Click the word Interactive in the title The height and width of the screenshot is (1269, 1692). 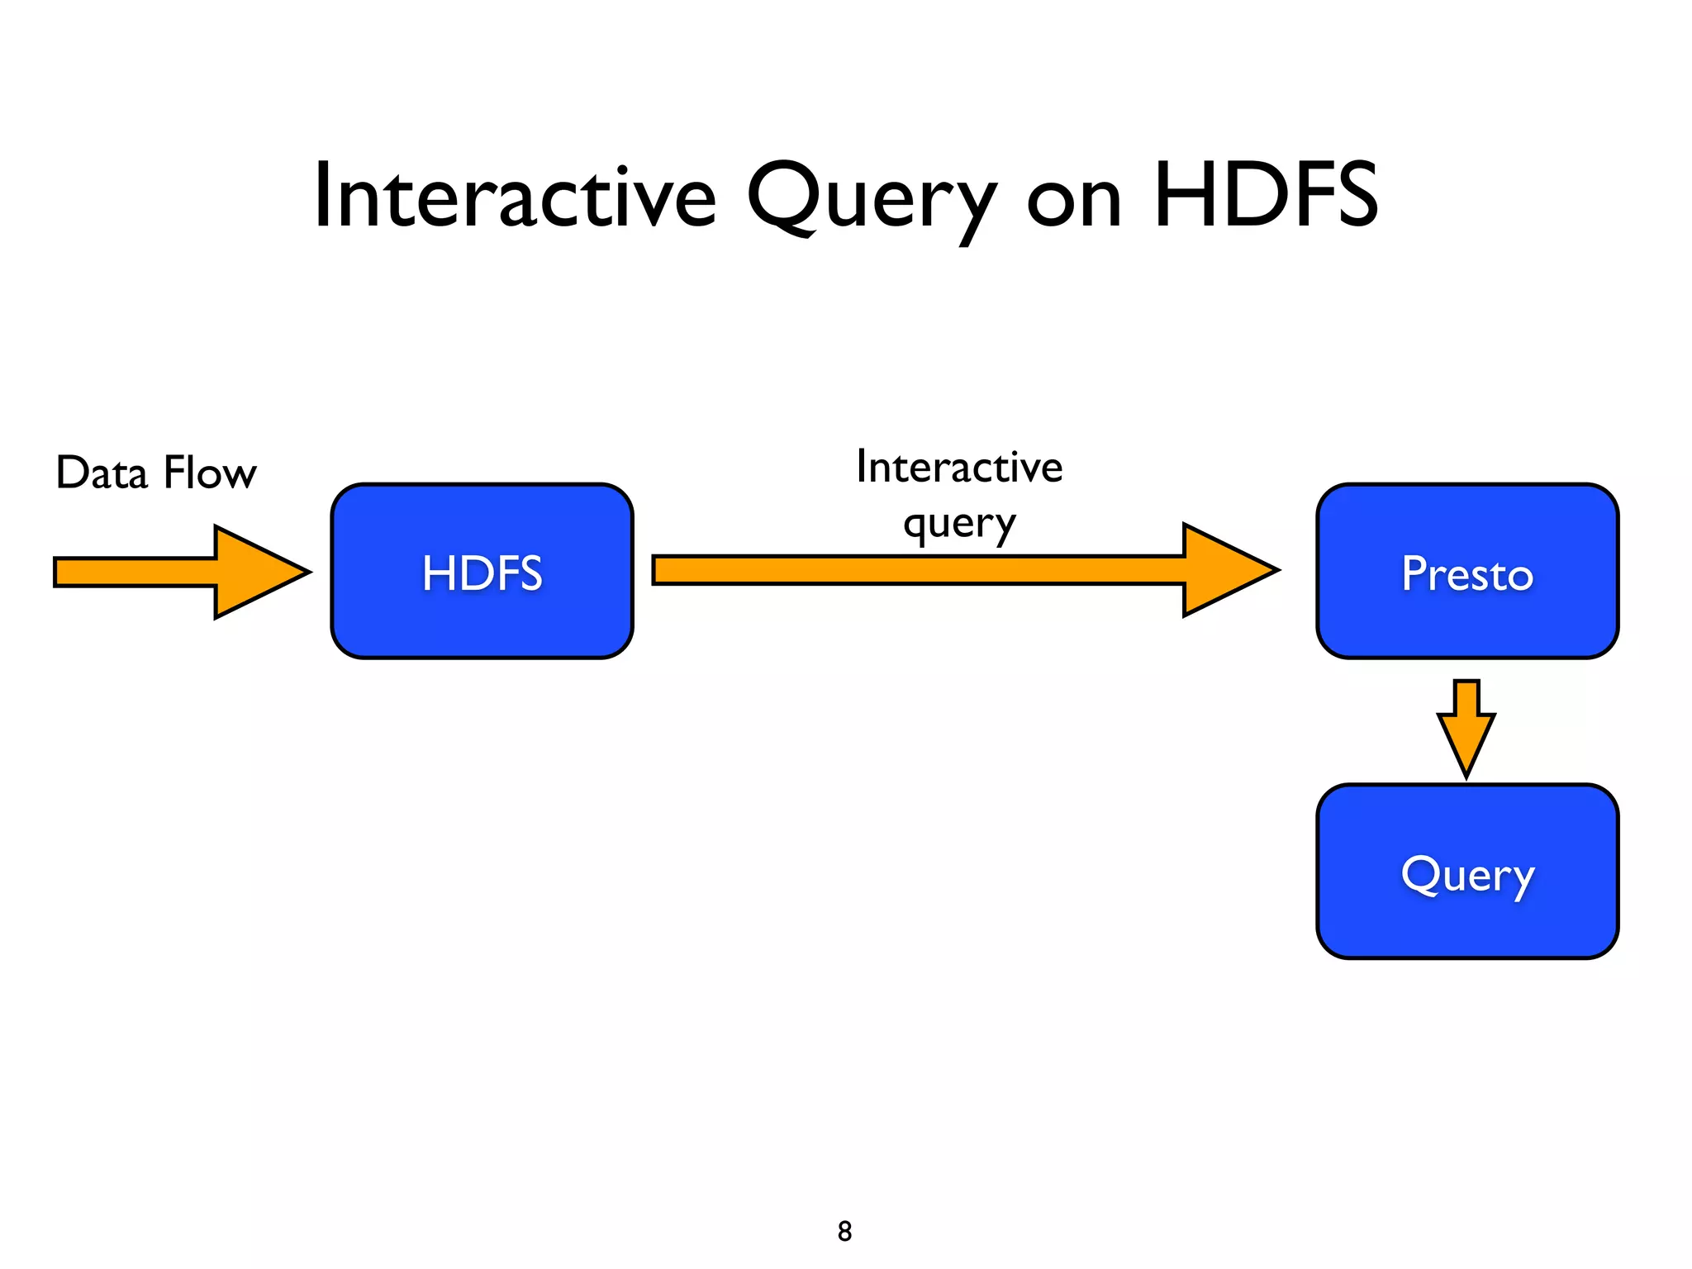pyautogui.click(x=515, y=197)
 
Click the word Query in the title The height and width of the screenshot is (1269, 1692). pyautogui.click(x=870, y=198)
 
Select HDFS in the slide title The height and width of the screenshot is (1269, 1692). pyautogui.click(x=1265, y=196)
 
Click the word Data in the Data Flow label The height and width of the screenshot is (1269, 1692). pyautogui.click(x=101, y=473)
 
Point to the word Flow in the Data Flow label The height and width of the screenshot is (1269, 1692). pyautogui.click(x=210, y=473)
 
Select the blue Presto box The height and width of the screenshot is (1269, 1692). pyautogui.click(x=1466, y=620)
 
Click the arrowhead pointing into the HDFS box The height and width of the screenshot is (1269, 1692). pyautogui.click(x=256, y=572)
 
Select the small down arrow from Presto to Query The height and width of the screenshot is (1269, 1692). pyautogui.click(x=1466, y=727)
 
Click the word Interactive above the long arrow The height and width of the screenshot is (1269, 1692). pyautogui.click(x=959, y=467)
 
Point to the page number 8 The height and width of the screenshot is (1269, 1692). pyautogui.click(x=844, y=1231)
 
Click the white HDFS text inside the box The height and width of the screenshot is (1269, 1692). pyautogui.click(x=482, y=573)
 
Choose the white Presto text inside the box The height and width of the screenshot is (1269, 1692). pyautogui.click(x=1467, y=573)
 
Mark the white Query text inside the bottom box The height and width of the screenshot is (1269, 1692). pyautogui.click(x=1467, y=876)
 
